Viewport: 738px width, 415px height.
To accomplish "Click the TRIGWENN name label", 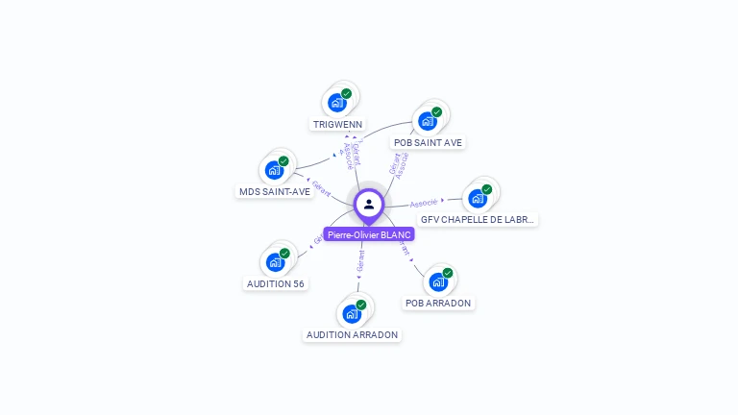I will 337,124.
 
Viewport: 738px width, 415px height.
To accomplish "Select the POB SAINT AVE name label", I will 428,142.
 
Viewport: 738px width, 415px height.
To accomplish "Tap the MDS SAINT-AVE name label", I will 275,191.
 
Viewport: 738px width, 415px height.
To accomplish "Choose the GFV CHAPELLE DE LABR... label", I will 478,219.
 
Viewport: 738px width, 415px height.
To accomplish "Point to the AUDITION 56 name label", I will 276,283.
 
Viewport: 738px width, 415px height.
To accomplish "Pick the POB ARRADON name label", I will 438,303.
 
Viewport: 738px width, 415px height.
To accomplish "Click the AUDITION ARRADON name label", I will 352,334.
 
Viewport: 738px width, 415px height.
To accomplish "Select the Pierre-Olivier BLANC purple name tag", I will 369,234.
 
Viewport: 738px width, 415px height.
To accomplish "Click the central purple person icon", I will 369,204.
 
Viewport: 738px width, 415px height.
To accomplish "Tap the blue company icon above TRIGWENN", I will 336,102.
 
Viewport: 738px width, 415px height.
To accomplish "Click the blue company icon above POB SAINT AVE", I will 427,121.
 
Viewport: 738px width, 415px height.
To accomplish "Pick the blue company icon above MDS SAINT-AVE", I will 274,170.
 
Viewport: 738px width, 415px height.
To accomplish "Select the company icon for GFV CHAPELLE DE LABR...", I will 477,198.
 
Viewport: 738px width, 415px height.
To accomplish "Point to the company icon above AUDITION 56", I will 275,262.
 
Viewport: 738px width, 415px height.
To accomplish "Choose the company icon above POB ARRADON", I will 438,281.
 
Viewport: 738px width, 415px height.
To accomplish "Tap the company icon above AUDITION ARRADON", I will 352,313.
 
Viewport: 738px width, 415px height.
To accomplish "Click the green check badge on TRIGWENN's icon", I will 347,93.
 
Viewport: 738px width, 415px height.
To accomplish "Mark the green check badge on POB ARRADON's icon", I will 448,273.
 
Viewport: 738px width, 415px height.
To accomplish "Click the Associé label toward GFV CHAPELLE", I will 424,203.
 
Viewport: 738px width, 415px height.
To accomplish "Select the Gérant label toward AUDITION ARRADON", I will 360,259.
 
